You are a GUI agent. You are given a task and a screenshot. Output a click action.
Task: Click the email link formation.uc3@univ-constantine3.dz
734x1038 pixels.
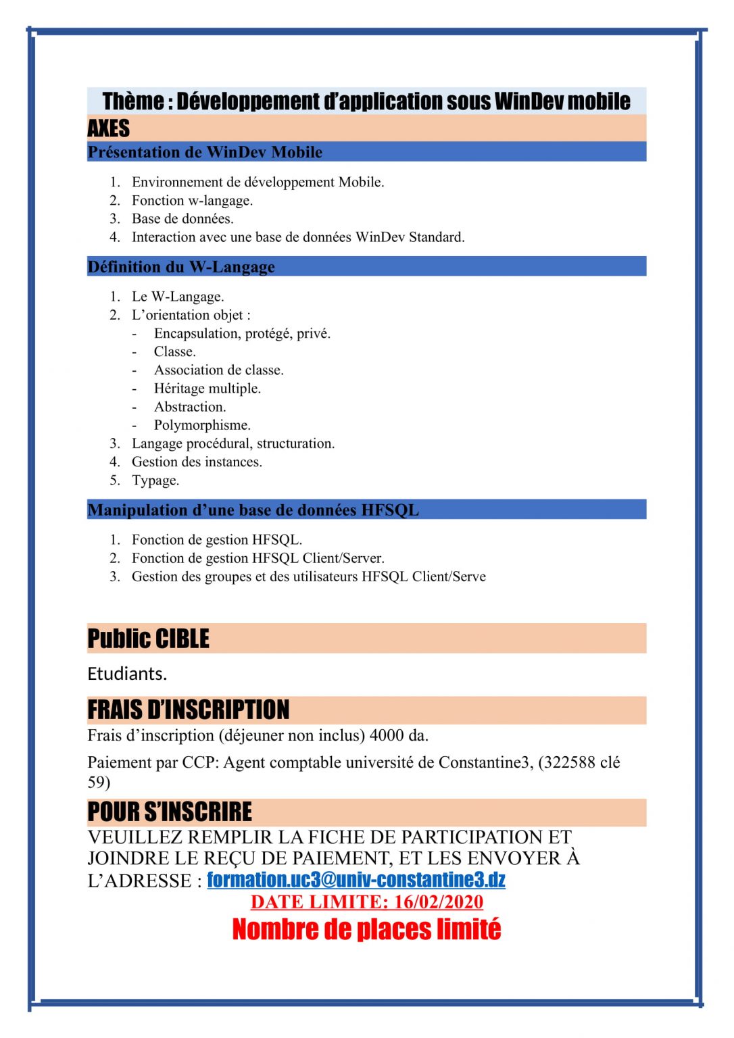(x=356, y=879)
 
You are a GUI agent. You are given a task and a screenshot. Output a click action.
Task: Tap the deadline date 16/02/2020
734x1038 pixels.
(x=439, y=901)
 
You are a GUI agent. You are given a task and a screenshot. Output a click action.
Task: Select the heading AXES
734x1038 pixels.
(x=108, y=128)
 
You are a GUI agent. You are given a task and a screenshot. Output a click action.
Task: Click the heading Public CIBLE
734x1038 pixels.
(x=148, y=639)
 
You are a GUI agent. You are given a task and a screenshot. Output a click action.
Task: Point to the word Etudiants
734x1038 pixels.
(x=127, y=674)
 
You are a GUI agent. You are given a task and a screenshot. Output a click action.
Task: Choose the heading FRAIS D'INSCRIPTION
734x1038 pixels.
(x=188, y=710)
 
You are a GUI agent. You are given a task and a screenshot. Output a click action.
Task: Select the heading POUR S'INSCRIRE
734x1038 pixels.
(x=169, y=812)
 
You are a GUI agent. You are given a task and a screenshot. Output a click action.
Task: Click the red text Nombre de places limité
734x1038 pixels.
(x=366, y=929)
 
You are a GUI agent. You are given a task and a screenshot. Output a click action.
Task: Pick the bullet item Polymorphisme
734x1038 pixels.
(x=202, y=425)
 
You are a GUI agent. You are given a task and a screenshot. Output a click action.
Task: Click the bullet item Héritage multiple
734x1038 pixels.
(x=207, y=389)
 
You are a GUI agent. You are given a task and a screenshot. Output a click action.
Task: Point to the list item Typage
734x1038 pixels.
(x=155, y=480)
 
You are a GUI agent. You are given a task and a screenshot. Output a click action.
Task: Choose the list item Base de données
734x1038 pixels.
(x=182, y=219)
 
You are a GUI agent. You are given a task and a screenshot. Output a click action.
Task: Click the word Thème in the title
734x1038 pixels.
(x=132, y=101)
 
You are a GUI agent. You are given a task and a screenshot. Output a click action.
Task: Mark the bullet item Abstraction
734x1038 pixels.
(x=190, y=407)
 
